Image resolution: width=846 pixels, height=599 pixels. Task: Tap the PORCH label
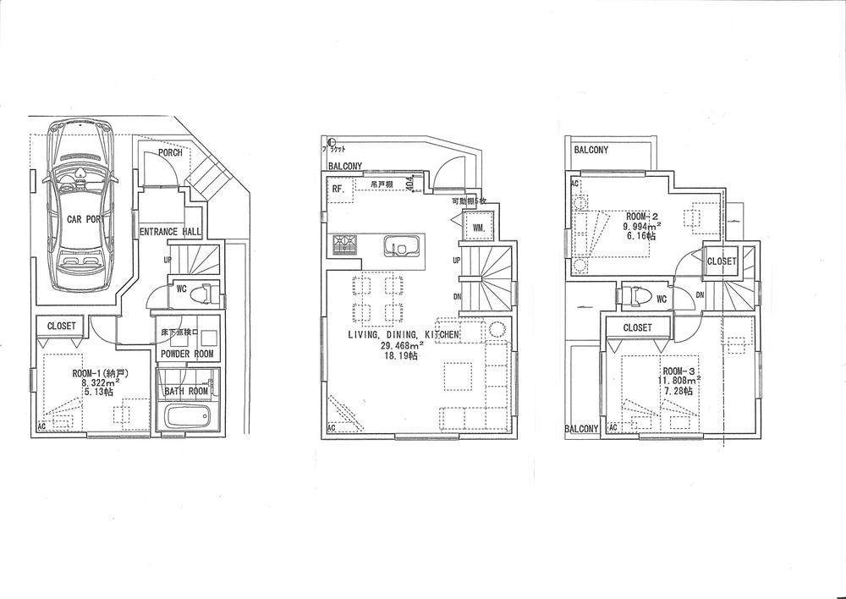tap(169, 153)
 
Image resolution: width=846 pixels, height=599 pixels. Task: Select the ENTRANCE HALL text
tap(170, 231)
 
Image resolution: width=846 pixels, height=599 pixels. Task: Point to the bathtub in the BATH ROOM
tap(187, 416)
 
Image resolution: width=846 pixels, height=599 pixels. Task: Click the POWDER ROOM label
tap(187, 354)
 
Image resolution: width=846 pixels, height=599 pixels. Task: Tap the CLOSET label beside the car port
tap(62, 326)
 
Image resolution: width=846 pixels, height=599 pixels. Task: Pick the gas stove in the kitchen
tap(345, 245)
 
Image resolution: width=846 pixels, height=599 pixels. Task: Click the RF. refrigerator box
tap(337, 189)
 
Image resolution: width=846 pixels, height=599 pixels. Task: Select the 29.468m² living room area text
tap(403, 346)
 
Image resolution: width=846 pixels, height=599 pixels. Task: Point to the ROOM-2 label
tap(643, 216)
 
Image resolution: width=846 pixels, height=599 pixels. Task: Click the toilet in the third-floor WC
tap(631, 297)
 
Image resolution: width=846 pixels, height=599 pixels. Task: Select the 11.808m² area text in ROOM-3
tap(678, 382)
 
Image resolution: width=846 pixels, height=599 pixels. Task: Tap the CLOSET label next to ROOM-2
tap(721, 262)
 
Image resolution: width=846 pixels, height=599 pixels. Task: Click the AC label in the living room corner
tap(331, 428)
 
